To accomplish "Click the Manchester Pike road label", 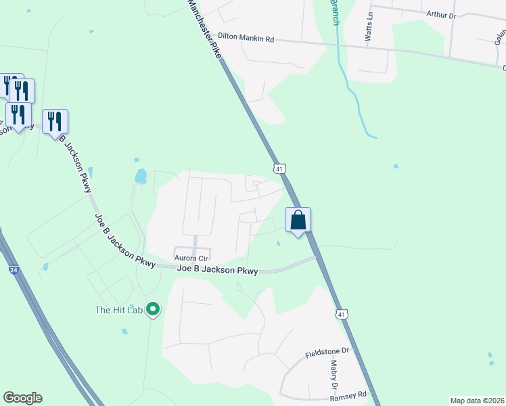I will pos(206,31).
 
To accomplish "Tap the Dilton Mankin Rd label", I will pos(246,40).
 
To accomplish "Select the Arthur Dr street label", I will pos(442,14).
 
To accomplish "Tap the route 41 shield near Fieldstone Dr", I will pos(342,314).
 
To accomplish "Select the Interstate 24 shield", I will pos(14,270).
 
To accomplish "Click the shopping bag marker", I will pos(298,220).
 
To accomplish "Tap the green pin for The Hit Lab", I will pos(153,310).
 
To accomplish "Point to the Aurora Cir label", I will pos(191,258).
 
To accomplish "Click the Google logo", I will pos(22,397).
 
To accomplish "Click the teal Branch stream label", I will pos(334,12).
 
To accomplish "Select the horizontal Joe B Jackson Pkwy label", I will pos(217,270).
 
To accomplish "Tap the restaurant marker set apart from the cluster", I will pos(55,122).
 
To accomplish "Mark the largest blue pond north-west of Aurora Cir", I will pos(140,177).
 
